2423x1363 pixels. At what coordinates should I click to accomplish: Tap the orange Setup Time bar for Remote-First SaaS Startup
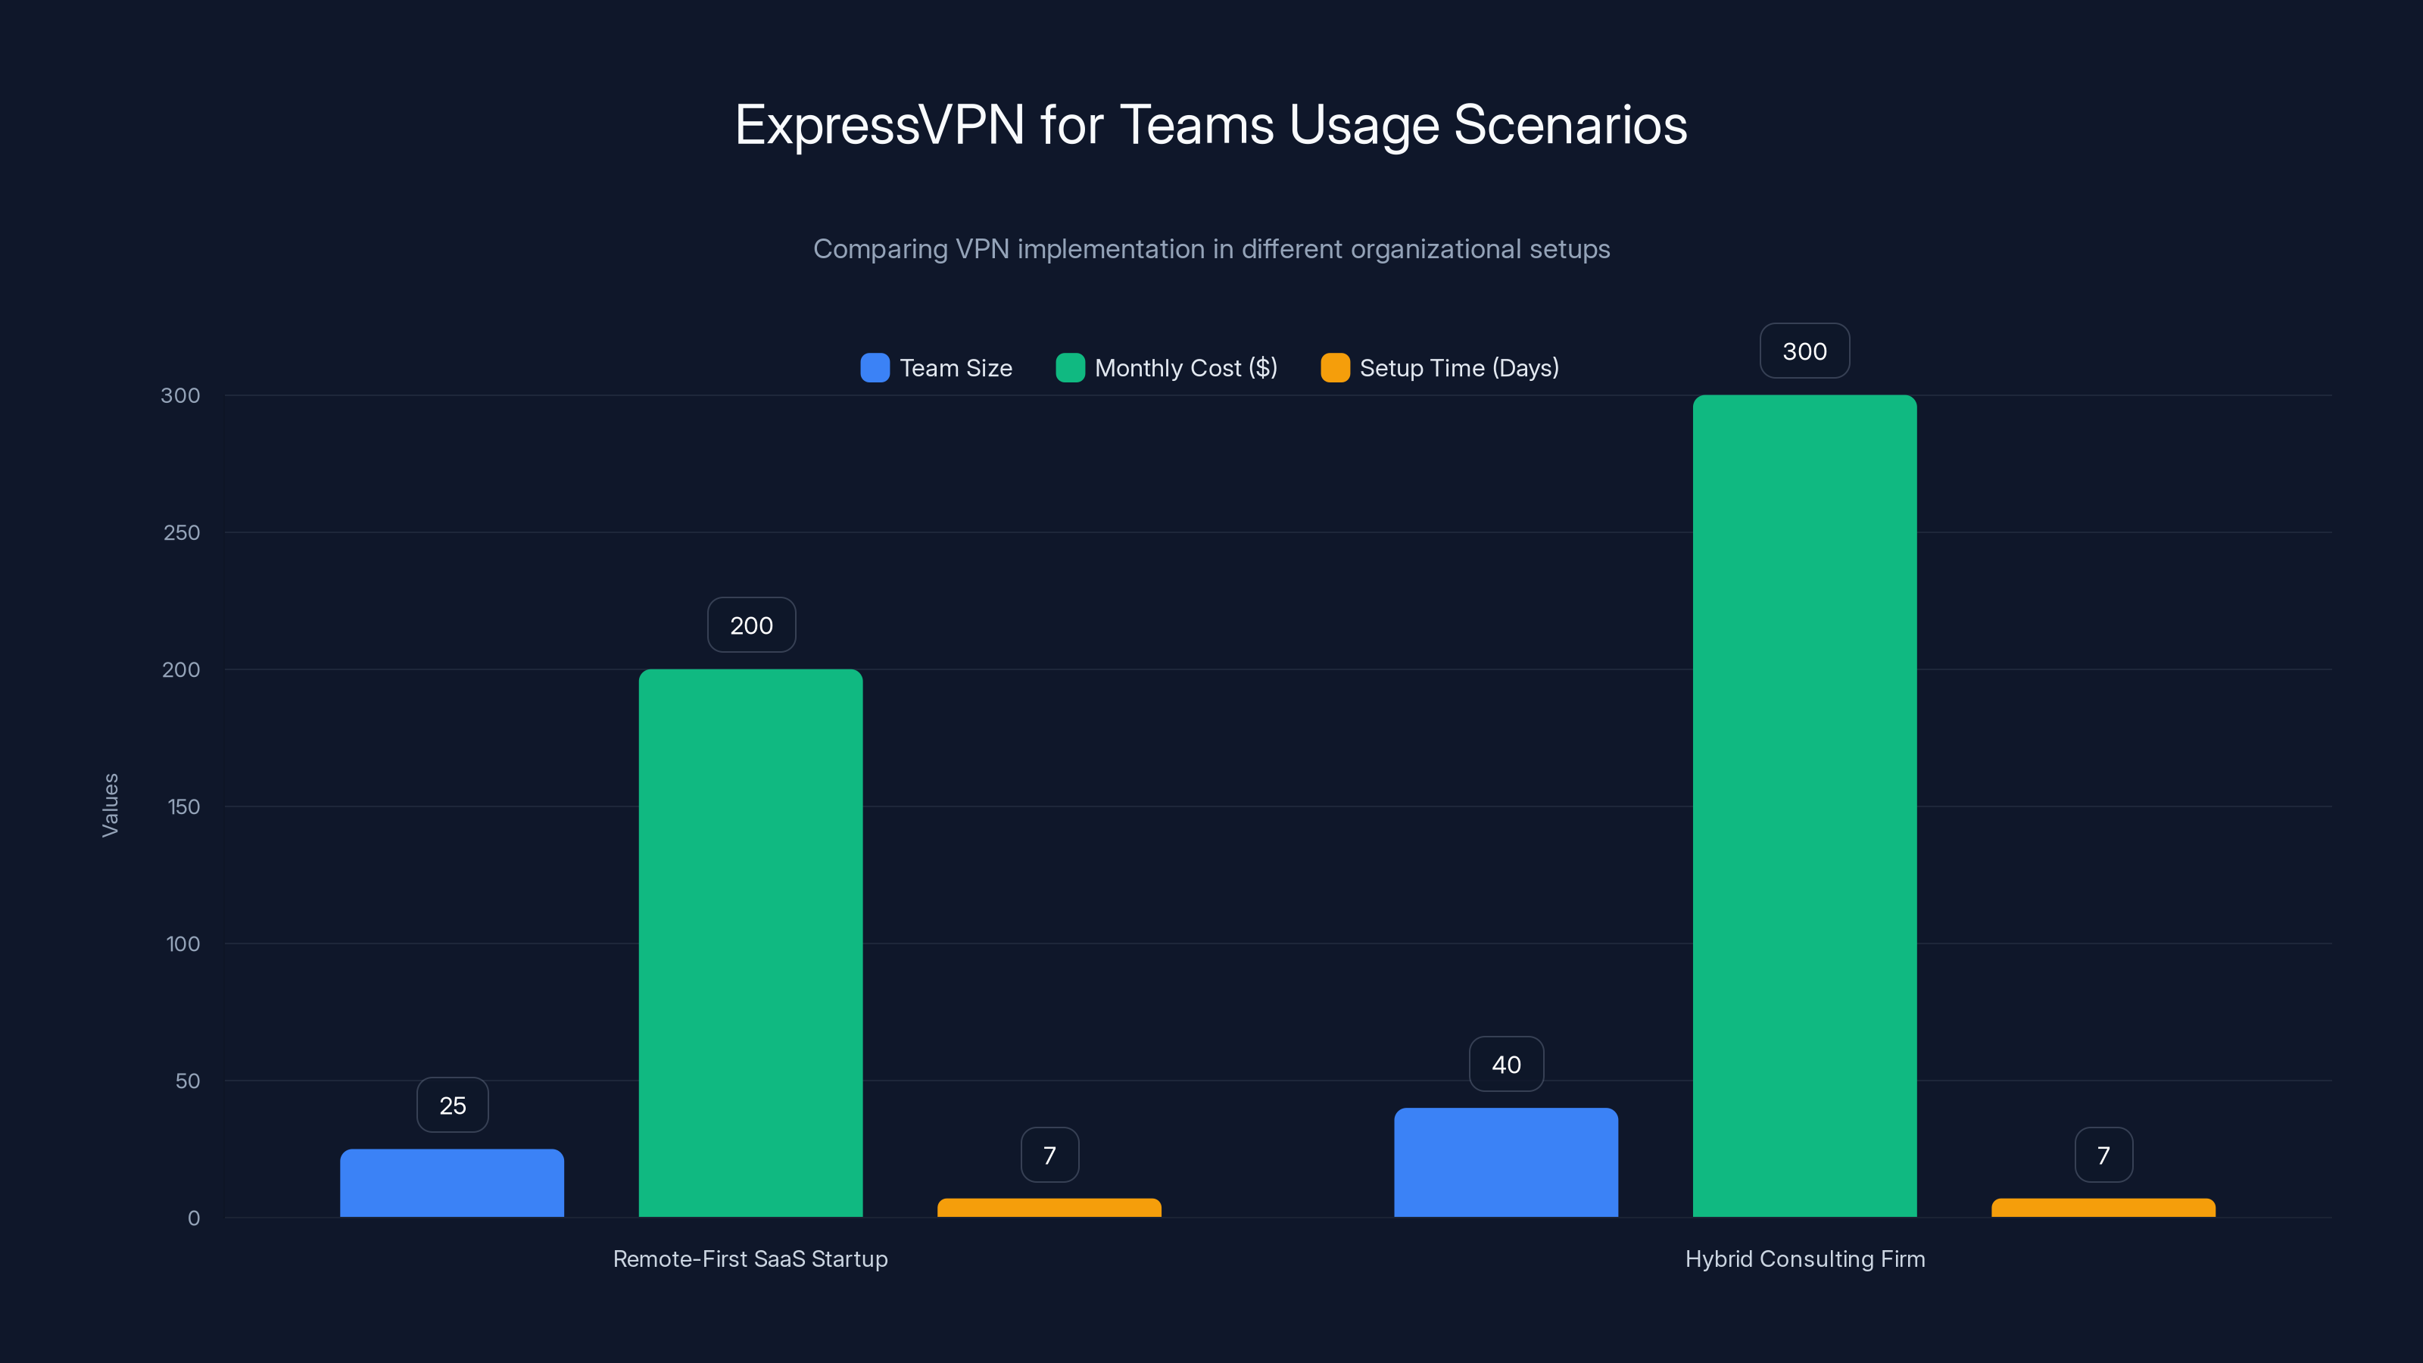[1049, 1208]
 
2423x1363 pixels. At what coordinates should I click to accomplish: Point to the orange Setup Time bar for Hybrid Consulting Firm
[2103, 1208]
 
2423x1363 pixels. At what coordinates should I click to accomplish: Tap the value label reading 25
[453, 1106]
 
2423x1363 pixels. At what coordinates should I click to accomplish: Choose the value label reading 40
[1506, 1065]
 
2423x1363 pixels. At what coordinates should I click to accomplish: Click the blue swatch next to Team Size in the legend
[875, 368]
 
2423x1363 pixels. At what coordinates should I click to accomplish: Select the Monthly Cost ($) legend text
[1186, 368]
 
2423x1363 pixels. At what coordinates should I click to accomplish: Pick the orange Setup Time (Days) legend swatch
[1335, 368]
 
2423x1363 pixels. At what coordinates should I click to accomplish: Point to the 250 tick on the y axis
[182, 532]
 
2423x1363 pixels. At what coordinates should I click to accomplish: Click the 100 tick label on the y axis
[182, 943]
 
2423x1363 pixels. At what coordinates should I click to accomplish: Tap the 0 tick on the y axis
[194, 1218]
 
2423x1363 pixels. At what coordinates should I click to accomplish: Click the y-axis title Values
[110, 805]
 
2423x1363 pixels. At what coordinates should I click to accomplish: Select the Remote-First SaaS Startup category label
[750, 1259]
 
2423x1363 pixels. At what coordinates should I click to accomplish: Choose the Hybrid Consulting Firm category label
[1805, 1259]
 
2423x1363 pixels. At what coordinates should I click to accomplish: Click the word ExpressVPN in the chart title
[879, 125]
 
